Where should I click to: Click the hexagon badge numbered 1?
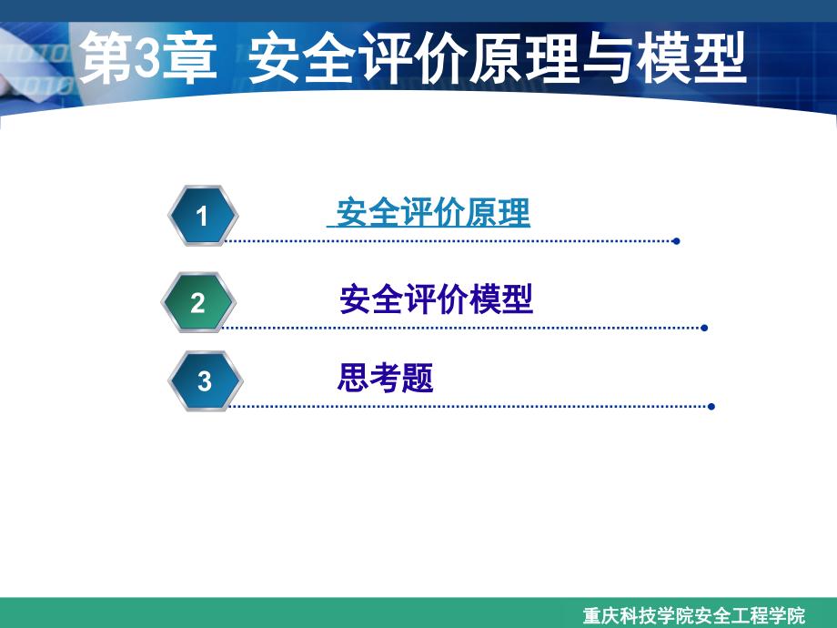click(x=202, y=216)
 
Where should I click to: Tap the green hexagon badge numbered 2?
click(x=198, y=303)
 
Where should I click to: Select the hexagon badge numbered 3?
click(x=204, y=381)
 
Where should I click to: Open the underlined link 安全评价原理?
click(x=433, y=214)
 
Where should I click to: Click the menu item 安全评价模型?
click(x=436, y=299)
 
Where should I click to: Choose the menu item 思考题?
click(x=385, y=378)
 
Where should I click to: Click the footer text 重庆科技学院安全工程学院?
click(x=693, y=615)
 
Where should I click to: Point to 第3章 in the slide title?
click(x=146, y=59)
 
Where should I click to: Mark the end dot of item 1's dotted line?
click(x=675, y=241)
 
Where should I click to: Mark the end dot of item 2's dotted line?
click(x=704, y=328)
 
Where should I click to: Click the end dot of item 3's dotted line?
click(x=711, y=407)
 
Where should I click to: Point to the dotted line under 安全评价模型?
click(x=455, y=328)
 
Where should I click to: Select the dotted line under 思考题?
click(x=464, y=407)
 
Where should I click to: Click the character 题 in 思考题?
click(x=418, y=378)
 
